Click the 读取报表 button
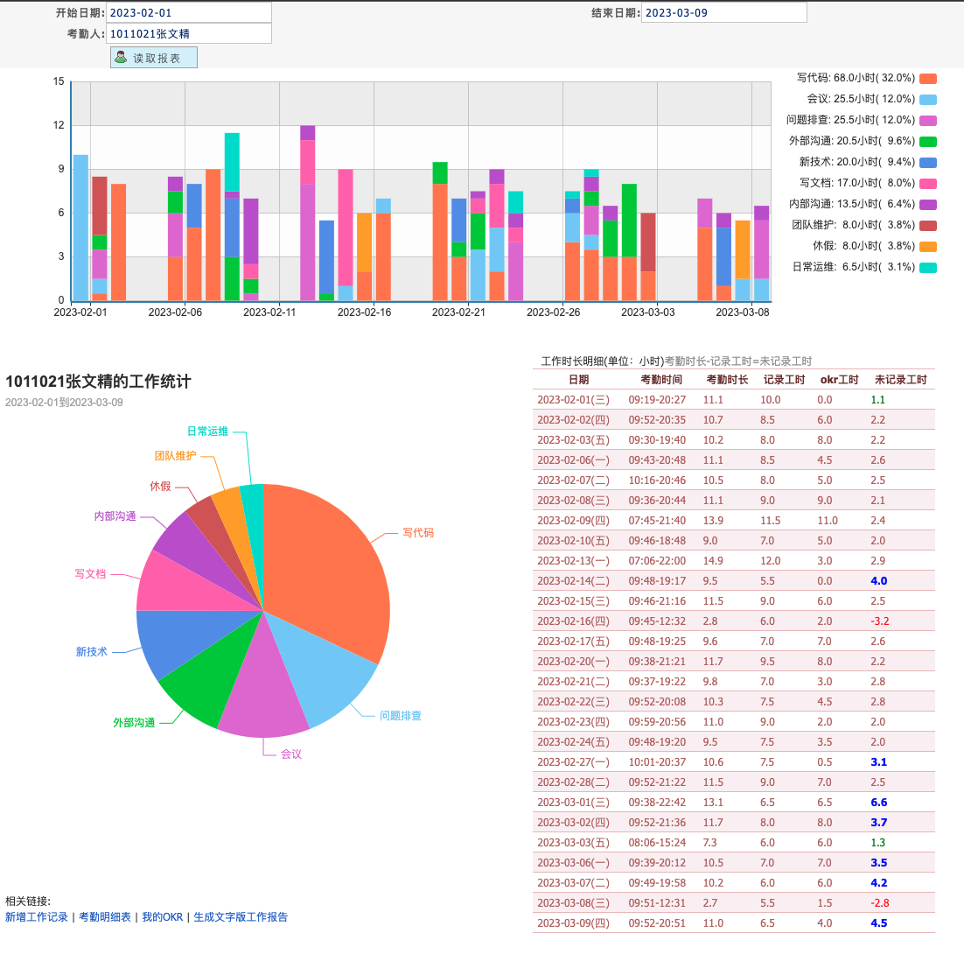pyautogui.click(x=154, y=58)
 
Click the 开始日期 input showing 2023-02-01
pyautogui.click(x=188, y=12)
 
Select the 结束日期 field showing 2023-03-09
pyautogui.click(x=723, y=12)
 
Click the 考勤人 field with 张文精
pyautogui.click(x=188, y=33)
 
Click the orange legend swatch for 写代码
pyautogui.click(x=928, y=79)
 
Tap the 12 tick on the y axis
pyautogui.click(x=59, y=125)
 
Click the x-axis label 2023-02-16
pyautogui.click(x=364, y=312)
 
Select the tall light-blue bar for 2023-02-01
pyautogui.click(x=80, y=228)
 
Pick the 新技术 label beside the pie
pyautogui.click(x=91, y=652)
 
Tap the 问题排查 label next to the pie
pyautogui.click(x=401, y=716)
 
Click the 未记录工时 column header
pyautogui.click(x=900, y=380)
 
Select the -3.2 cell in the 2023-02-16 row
pyautogui.click(x=880, y=621)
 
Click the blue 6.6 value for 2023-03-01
pyautogui.click(x=879, y=803)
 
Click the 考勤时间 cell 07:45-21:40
pyautogui.click(x=657, y=521)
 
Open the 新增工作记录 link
pyautogui.click(x=36, y=917)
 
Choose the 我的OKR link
pyautogui.click(x=163, y=917)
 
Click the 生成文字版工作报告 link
pyautogui.click(x=241, y=917)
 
